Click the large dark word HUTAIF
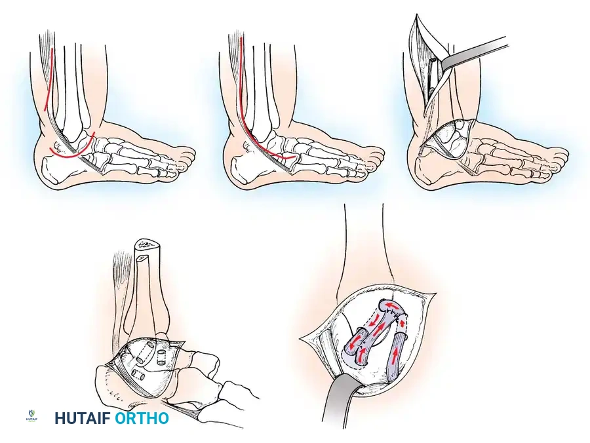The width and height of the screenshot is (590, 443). (83, 418)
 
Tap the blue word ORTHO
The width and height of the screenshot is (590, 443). (142, 418)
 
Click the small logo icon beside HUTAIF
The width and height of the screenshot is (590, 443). (31, 417)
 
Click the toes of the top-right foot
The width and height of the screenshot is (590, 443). (557, 157)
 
